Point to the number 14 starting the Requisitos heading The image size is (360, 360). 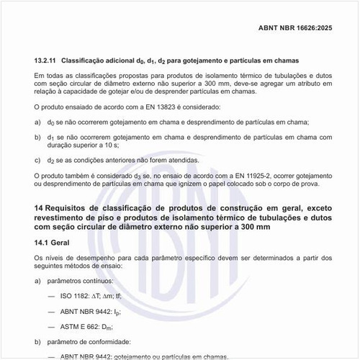pyautogui.click(x=39, y=208)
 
